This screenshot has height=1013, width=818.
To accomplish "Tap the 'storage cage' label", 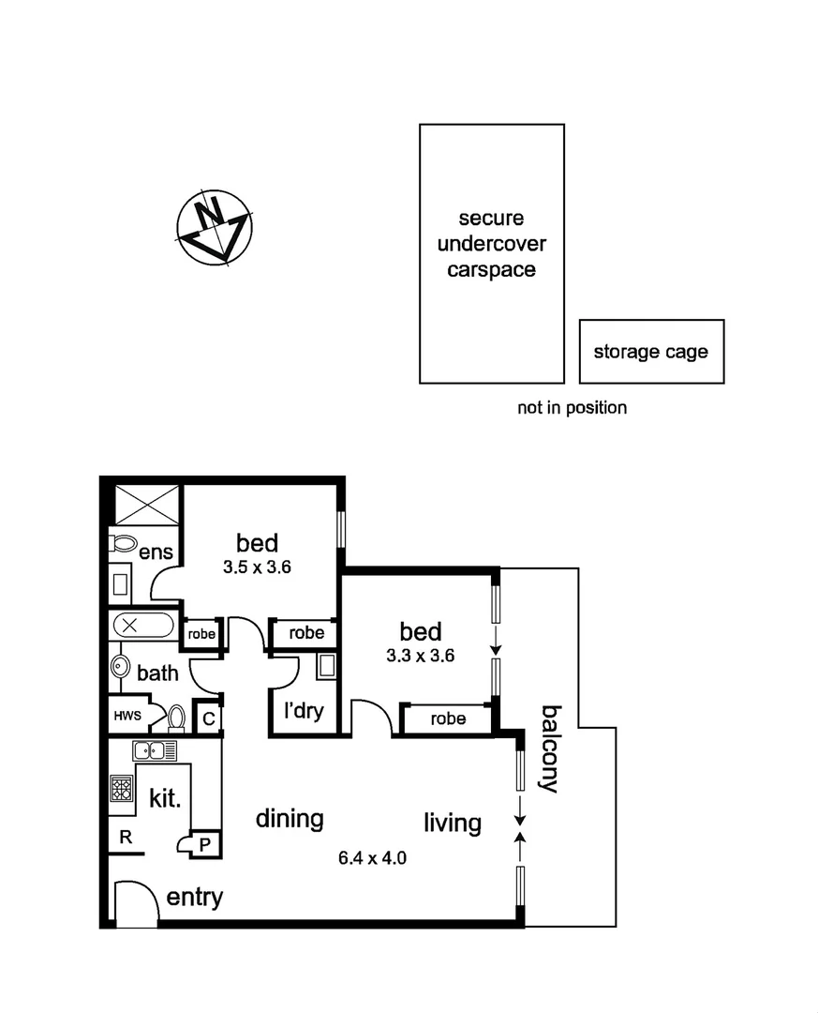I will click(650, 353).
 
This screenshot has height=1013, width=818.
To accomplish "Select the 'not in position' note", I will click(572, 408).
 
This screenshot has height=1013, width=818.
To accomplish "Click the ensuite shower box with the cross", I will click(147, 505).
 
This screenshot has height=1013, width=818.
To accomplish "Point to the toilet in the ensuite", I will click(123, 543).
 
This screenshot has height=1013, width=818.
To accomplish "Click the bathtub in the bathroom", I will click(142, 625).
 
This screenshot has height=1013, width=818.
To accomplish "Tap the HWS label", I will click(127, 717).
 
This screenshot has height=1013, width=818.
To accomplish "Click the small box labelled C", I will click(209, 718).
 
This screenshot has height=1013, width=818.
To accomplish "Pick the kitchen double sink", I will click(155, 750).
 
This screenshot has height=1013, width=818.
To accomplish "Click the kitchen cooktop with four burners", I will click(122, 788).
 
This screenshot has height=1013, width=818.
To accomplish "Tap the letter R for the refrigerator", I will click(124, 838).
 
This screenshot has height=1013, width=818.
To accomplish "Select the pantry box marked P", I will click(204, 844).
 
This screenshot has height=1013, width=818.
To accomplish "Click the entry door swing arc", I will click(133, 901).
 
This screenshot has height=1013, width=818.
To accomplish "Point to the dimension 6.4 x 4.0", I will click(372, 857).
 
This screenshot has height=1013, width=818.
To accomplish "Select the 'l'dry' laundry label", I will click(304, 711).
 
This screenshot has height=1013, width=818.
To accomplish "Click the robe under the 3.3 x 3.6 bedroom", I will click(447, 719).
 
